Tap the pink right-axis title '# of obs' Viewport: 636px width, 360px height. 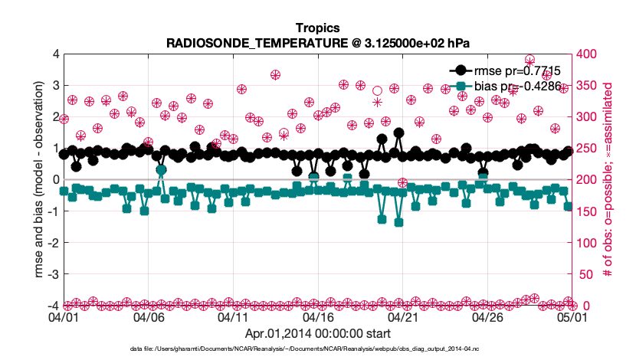coord(608,180)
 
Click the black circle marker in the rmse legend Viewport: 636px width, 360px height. coord(461,70)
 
